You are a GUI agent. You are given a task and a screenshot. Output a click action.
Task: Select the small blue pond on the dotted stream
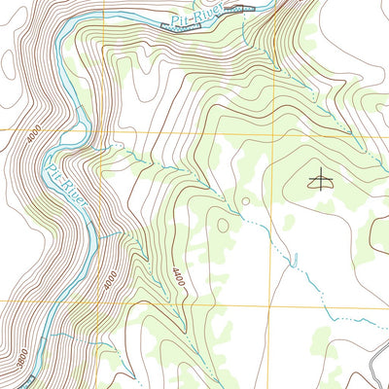click(x=292, y=258)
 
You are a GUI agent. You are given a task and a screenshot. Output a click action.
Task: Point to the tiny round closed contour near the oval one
click(x=244, y=201)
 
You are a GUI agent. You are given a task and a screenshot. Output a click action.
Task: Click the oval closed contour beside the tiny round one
click(x=224, y=225)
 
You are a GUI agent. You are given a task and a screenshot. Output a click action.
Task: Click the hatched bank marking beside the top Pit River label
click(x=243, y=8)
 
